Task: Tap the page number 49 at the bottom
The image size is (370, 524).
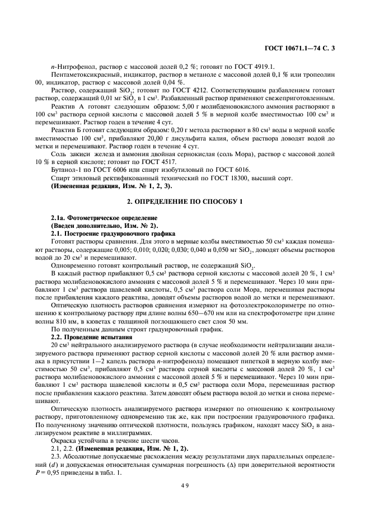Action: pos(184,485)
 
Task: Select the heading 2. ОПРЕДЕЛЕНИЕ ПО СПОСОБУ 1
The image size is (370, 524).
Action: pos(185,202)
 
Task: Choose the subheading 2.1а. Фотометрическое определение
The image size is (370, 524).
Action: pos(99,217)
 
